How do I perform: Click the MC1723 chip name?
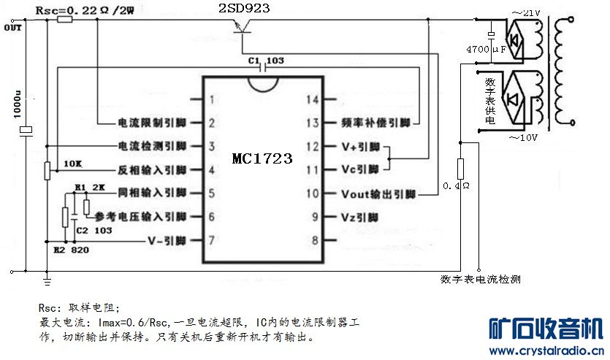coord(262,158)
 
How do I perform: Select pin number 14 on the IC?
coord(313,100)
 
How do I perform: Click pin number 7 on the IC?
coord(211,240)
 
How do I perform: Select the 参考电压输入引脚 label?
coord(140,217)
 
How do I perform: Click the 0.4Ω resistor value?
coord(456,187)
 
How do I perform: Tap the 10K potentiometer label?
coord(72,162)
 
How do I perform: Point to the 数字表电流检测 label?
coord(480,279)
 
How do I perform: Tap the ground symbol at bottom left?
coord(47,278)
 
